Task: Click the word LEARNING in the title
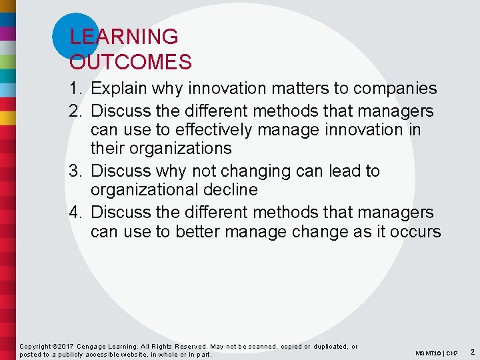(x=124, y=37)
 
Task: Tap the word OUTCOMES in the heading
(x=131, y=62)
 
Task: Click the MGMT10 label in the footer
(x=428, y=353)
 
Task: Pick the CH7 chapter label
(x=452, y=353)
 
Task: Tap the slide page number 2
(x=472, y=351)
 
